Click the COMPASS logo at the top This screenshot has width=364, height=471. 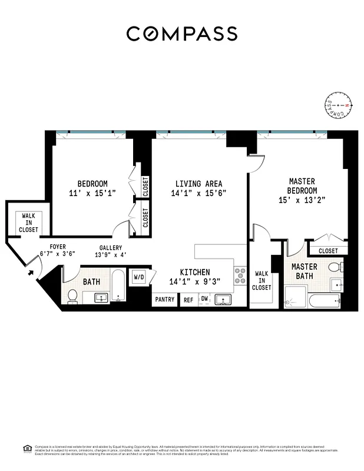tap(181, 34)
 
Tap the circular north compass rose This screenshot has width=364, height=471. tap(338, 106)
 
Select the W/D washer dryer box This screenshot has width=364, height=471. tap(140, 276)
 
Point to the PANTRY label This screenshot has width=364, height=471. tap(164, 300)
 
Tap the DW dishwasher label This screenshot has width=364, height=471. tap(204, 299)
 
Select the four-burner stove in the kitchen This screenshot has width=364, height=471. tap(240, 277)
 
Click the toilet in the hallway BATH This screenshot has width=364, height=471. tap(72, 296)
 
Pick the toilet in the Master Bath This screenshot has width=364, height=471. tap(335, 268)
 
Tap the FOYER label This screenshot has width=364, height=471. tap(57, 247)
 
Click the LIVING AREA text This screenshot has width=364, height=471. tap(198, 183)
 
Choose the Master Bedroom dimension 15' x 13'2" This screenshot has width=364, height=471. tap(302, 200)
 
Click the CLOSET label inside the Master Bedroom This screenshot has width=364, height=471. tap(328, 251)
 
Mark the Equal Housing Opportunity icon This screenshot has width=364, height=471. tap(27, 448)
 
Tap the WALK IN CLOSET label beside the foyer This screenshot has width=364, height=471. tap(28, 223)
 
